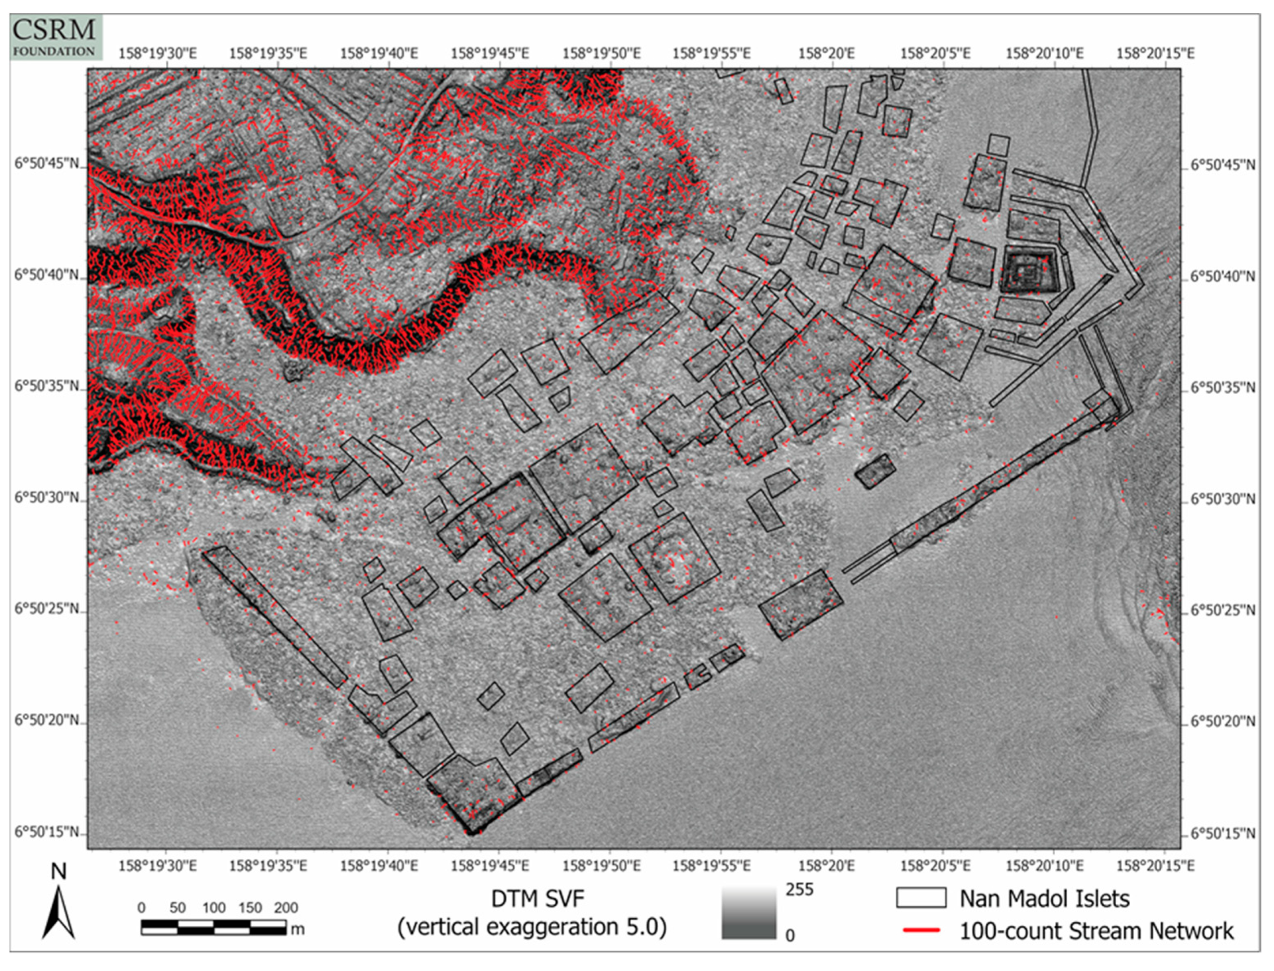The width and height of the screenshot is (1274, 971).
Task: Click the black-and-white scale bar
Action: click(x=213, y=927)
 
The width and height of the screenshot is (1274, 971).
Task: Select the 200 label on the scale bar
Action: click(x=285, y=908)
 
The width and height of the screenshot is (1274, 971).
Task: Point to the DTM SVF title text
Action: click(x=537, y=899)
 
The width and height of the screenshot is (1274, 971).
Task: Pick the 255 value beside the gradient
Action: click(x=799, y=890)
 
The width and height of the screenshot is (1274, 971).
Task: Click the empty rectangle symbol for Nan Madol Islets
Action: click(x=921, y=898)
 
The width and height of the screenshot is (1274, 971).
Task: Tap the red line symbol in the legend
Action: click(x=921, y=930)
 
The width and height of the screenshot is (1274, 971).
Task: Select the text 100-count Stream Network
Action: click(x=1096, y=931)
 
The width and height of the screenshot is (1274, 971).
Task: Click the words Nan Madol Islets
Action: click(x=1045, y=899)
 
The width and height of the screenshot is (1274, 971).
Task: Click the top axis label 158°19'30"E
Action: click(x=158, y=54)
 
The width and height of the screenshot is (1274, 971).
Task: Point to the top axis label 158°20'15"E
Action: click(x=1155, y=54)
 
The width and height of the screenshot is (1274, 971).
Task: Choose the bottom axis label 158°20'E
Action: click(x=826, y=866)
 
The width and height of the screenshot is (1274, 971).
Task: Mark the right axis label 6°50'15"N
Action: click(x=1222, y=834)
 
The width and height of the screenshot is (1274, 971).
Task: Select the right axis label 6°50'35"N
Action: click(x=1222, y=387)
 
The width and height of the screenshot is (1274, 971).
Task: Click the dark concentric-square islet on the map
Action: click(x=1029, y=271)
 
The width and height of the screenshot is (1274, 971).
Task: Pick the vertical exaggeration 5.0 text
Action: click(x=532, y=927)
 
